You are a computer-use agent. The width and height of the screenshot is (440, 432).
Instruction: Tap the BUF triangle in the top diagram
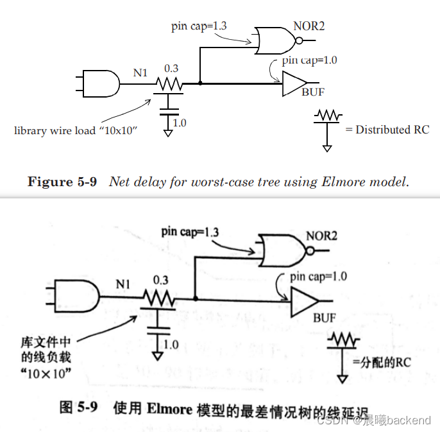tap(294, 83)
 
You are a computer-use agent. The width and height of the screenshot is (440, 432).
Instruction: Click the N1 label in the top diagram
tap(140, 73)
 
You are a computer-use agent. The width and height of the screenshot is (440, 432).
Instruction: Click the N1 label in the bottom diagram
tap(123, 283)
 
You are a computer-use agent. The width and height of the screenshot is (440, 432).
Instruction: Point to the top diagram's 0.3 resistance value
tap(171, 67)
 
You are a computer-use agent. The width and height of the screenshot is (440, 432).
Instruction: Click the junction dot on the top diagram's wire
tap(200, 83)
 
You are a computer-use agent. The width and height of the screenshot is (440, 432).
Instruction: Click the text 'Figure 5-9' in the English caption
tap(62, 182)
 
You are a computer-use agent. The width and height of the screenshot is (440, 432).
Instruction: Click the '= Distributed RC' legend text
tap(387, 130)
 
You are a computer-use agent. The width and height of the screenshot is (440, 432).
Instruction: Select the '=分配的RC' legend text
tap(381, 363)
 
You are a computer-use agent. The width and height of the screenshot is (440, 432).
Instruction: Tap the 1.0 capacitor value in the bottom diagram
tap(171, 345)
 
